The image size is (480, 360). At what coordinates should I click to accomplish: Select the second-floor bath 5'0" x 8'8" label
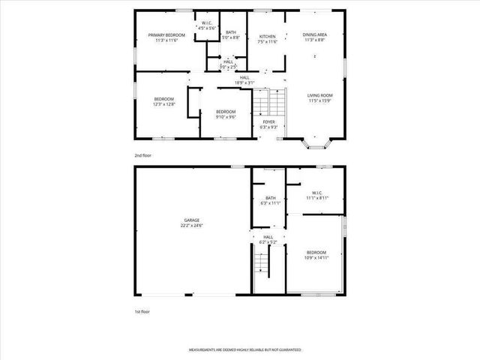click(x=231, y=34)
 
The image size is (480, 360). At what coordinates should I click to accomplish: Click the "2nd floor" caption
click(x=143, y=155)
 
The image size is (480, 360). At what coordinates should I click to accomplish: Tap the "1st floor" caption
click(x=142, y=310)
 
